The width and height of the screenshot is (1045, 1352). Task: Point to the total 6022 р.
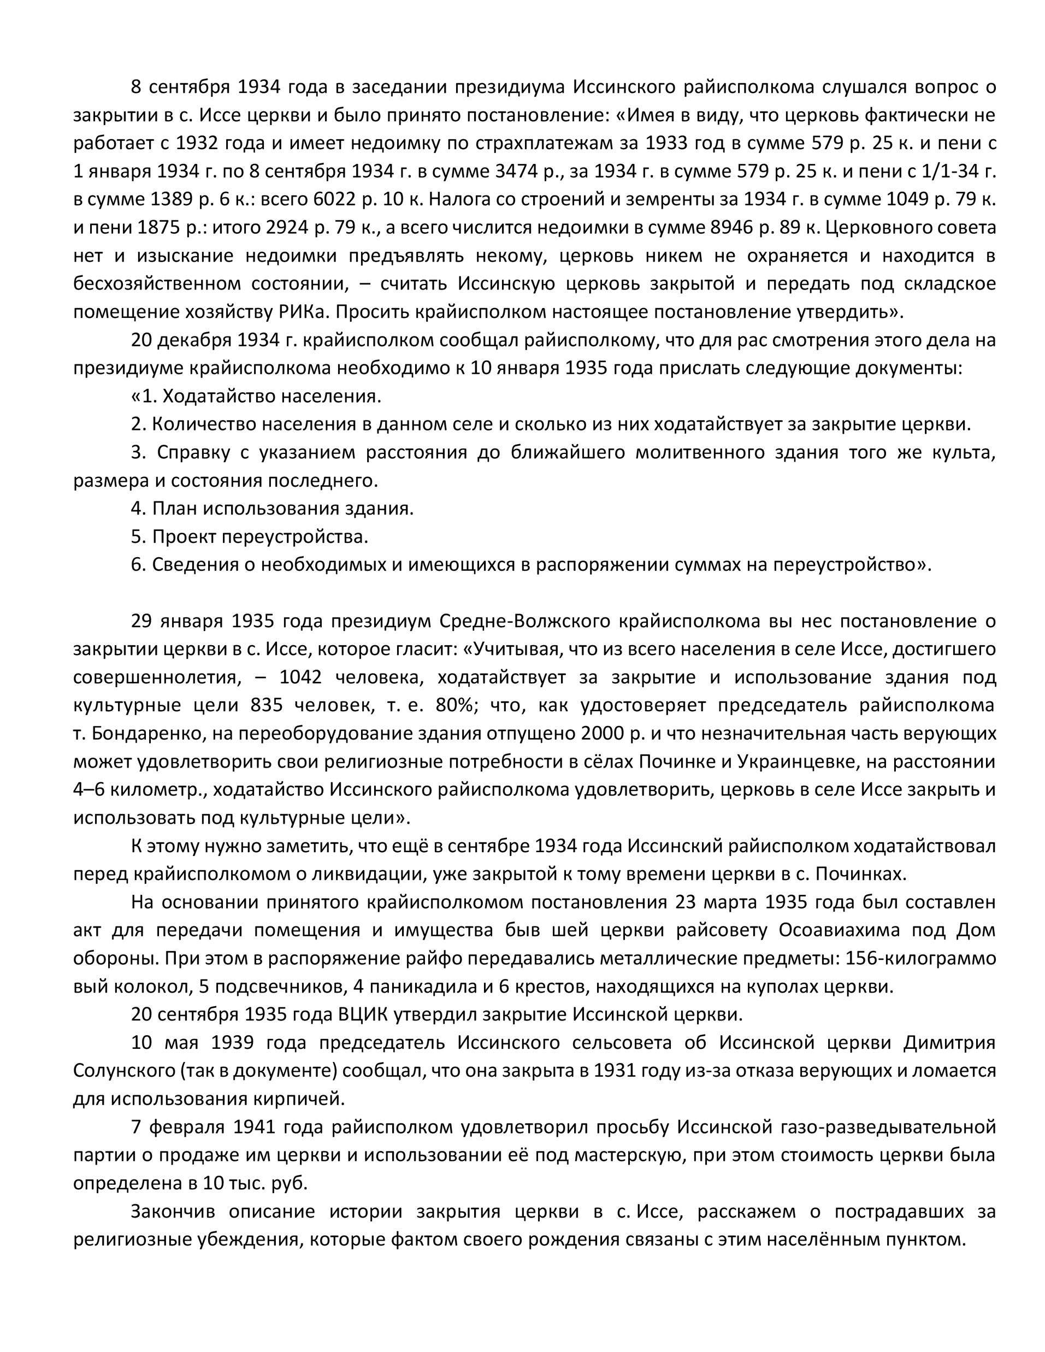(x=338, y=199)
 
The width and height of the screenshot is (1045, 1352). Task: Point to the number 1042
(x=301, y=677)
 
